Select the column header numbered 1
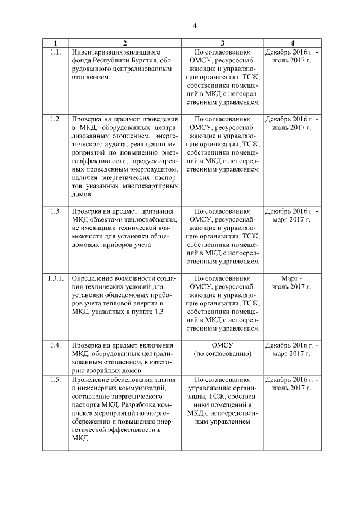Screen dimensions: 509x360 (x=55, y=44)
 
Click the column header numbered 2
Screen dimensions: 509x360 (x=125, y=44)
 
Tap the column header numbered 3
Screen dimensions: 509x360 (x=222, y=44)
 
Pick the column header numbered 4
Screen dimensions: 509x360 (x=292, y=44)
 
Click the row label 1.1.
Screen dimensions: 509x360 (x=55, y=52)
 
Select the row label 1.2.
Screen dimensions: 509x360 (x=55, y=119)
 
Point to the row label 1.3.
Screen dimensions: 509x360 (x=55, y=211)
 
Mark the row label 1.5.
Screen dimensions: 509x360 (x=55, y=380)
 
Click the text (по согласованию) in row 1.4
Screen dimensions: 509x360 (x=222, y=353)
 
